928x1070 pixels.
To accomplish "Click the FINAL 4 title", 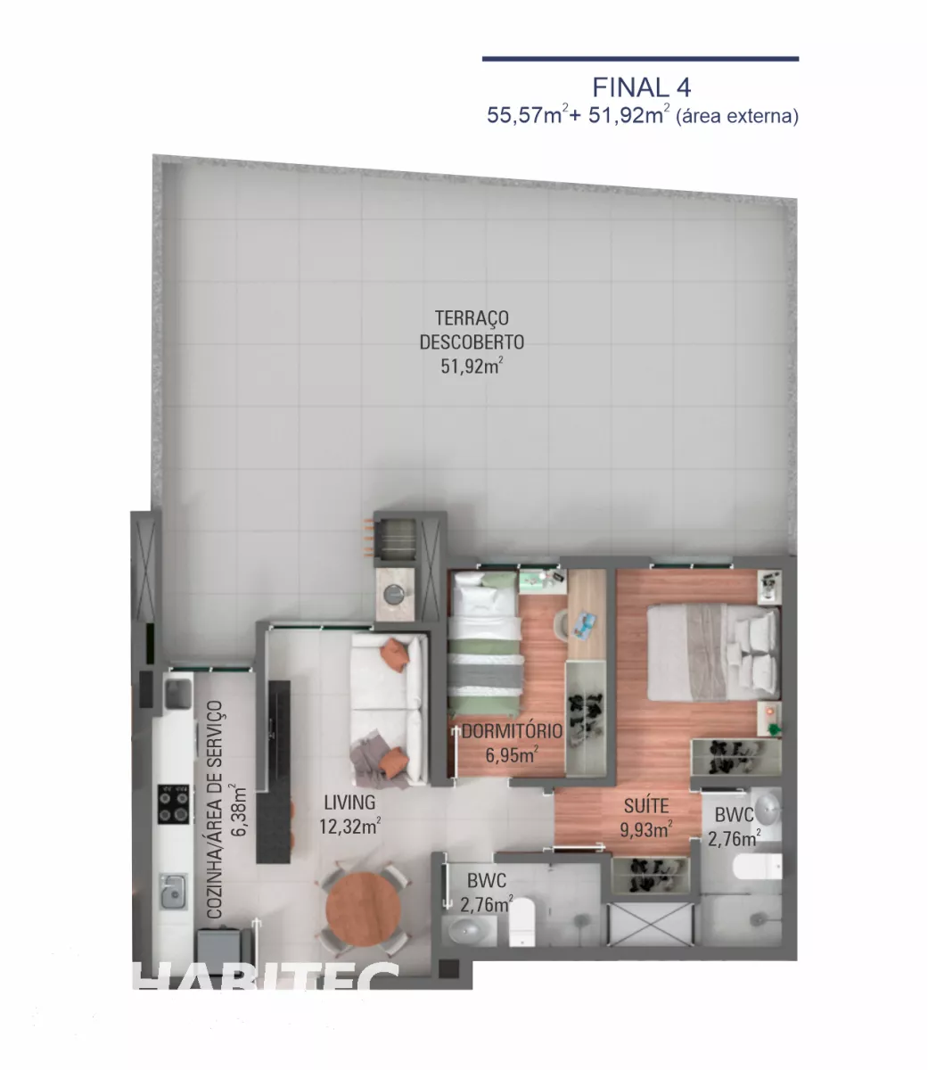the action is pyautogui.click(x=642, y=87).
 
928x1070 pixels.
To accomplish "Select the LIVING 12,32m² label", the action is pyautogui.click(x=349, y=814).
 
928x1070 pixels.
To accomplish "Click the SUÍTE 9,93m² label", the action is pyautogui.click(x=646, y=818).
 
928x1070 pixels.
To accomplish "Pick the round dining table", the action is pyautogui.click(x=364, y=909).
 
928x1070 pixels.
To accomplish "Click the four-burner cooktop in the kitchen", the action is pyautogui.click(x=174, y=803).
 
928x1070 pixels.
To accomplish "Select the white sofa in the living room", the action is pyautogui.click(x=389, y=709).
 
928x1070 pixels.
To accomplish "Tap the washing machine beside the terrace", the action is pyautogui.click(x=395, y=594).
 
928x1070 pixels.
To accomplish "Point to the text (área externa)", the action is pyautogui.click(x=737, y=116).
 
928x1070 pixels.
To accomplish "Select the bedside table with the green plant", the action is pyautogui.click(x=769, y=719).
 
